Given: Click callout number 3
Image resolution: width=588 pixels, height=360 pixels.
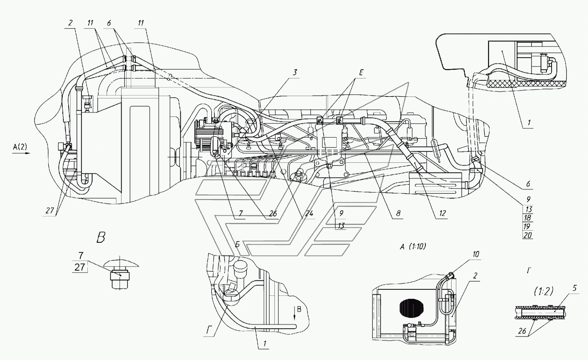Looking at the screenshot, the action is coord(295,73).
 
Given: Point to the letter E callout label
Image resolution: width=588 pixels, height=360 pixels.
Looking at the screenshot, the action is coord(361,73).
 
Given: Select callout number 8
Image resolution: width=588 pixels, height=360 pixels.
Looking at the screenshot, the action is coord(398,213).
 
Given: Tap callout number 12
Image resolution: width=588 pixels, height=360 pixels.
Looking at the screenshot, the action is coord(442,213).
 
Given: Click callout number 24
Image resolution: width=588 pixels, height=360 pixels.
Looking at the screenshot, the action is coord(309,213).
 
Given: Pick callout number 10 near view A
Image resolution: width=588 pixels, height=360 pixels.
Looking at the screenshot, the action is coord(476,254).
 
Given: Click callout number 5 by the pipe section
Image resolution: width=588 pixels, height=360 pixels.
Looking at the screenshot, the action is coord(575,288).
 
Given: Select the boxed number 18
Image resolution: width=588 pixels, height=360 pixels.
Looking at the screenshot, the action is coord(527,218).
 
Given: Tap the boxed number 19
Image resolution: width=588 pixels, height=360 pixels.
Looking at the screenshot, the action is coord(527,226).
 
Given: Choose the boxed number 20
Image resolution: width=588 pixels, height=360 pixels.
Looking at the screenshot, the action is coord(527,235).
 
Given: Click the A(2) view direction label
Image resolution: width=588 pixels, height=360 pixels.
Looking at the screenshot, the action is coord(20,147).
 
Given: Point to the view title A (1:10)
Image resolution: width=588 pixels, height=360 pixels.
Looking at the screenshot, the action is coord(413,247).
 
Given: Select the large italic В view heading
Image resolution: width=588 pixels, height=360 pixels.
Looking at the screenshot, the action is coord(101,238).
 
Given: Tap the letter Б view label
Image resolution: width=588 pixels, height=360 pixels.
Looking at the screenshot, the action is coord(237,244).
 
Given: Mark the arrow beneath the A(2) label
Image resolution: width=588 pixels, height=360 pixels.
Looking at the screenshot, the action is coord(22,153).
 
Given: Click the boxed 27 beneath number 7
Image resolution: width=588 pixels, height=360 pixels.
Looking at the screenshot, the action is coord(80,267).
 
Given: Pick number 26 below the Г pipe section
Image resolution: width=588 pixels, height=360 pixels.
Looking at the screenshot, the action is coord(522,331).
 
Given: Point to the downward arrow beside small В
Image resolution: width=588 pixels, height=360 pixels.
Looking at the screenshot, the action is coord(294,314).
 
